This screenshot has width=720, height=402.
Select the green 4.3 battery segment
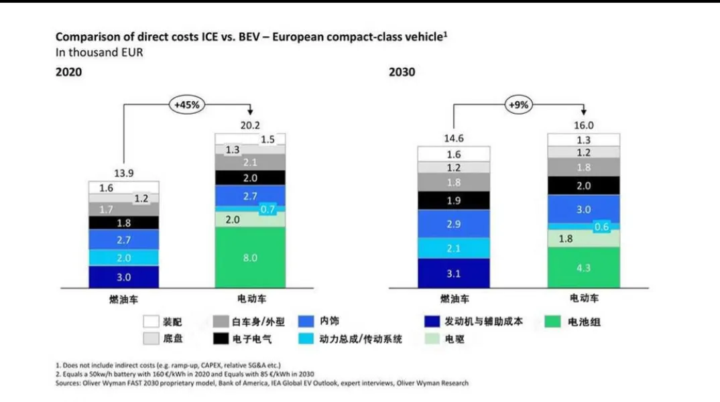click(583, 268)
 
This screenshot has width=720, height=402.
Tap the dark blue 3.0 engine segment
click(124, 277)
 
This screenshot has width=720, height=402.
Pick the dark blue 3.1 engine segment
click(453, 273)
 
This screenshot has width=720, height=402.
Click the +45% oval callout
click(187, 105)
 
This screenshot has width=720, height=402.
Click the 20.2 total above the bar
click(249, 125)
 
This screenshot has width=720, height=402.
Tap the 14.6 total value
click(453, 139)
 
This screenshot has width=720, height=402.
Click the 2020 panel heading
click(68, 72)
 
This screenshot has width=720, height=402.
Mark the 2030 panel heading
click(402, 72)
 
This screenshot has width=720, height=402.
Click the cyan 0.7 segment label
click(267, 209)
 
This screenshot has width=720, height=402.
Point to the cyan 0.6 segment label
click(601, 226)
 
